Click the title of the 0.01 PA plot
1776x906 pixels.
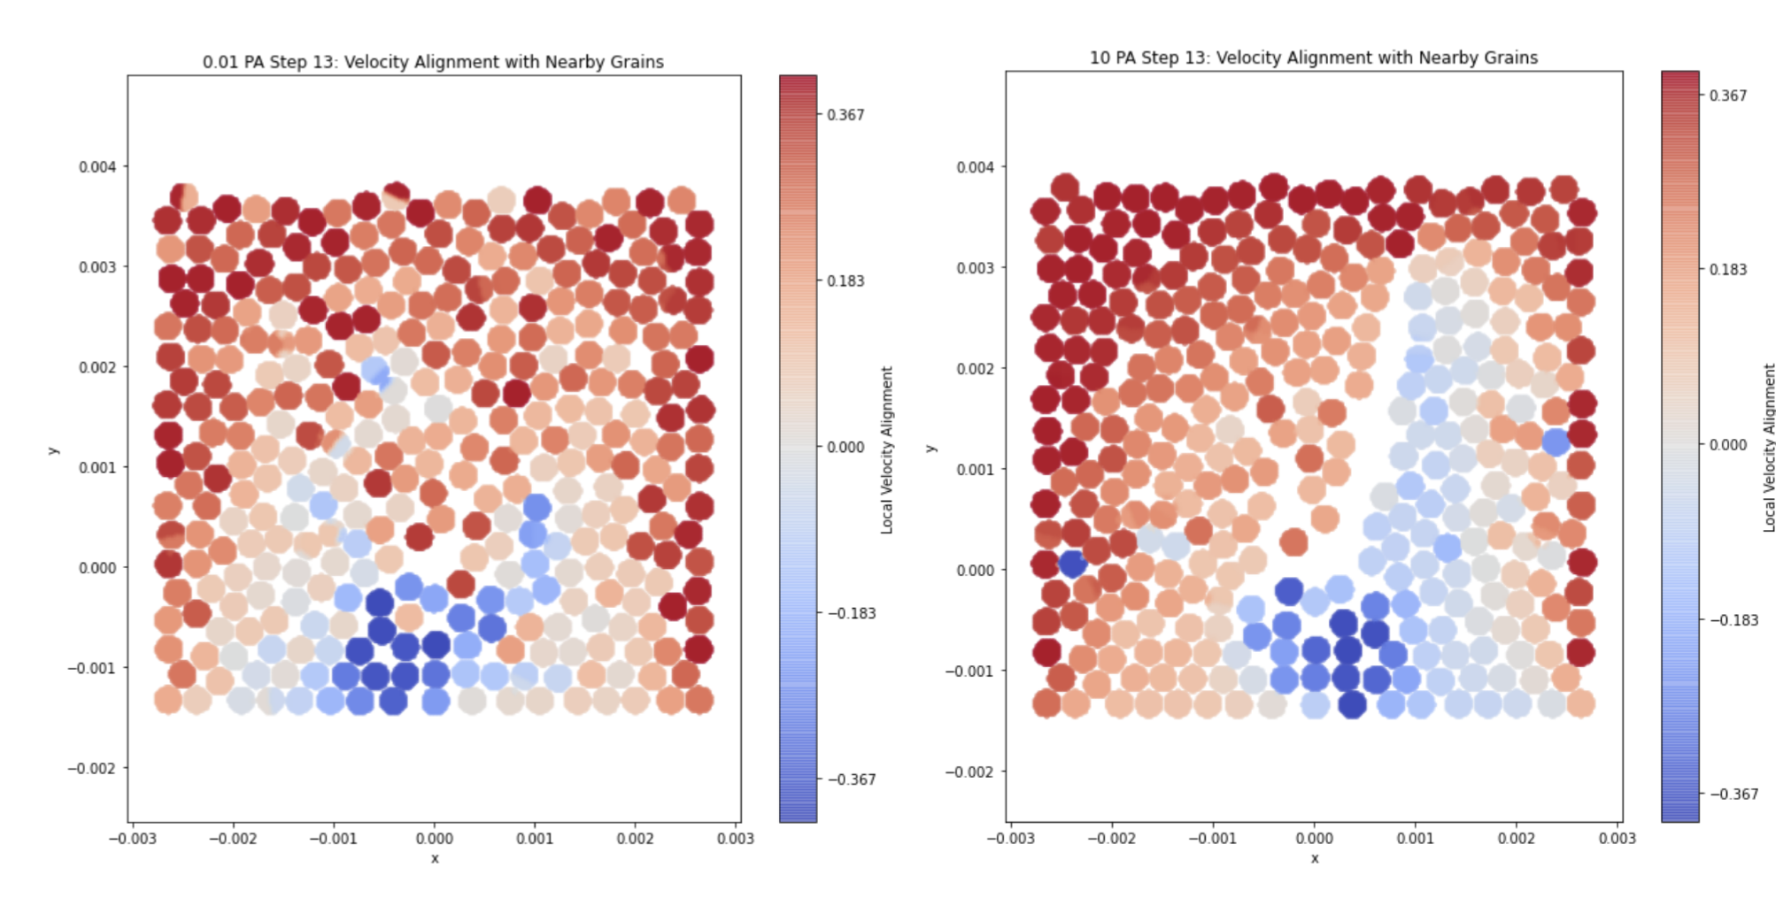click(x=433, y=62)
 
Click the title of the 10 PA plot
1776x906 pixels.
click(x=1313, y=58)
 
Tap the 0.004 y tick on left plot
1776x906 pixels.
click(x=97, y=166)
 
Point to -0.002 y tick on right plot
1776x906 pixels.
click(x=969, y=772)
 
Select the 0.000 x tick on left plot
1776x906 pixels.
click(x=434, y=838)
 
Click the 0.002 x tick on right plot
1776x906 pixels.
click(x=1516, y=838)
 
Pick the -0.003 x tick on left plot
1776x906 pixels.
click(x=133, y=838)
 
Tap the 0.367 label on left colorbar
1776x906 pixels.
click(x=846, y=115)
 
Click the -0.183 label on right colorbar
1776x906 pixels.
click(x=1734, y=619)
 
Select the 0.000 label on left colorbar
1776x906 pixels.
click(x=846, y=447)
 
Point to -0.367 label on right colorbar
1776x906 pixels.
click(x=1734, y=794)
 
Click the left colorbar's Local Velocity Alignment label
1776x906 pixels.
click(x=886, y=449)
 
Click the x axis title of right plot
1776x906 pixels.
click(x=1314, y=858)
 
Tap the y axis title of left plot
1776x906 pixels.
click(x=53, y=450)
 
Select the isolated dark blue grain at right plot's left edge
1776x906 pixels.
click(x=1073, y=563)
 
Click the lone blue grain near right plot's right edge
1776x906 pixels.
click(x=1556, y=441)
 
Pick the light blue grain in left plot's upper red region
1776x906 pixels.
click(x=375, y=370)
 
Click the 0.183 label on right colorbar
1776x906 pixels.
click(x=1727, y=269)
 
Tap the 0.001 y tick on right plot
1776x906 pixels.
click(x=975, y=469)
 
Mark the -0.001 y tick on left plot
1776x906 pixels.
click(x=92, y=667)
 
